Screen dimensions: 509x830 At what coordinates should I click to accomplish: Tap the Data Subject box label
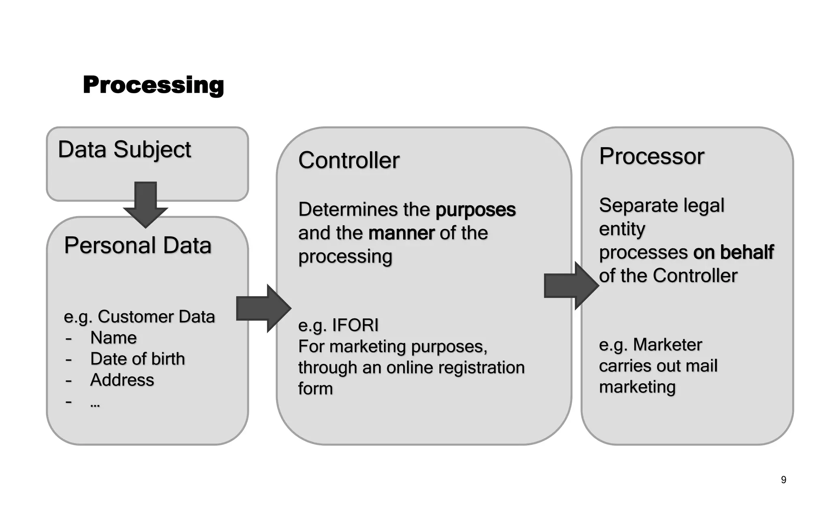[x=124, y=150]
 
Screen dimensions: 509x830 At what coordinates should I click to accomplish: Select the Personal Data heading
[x=138, y=245]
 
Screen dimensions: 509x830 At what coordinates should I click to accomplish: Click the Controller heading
[x=349, y=160]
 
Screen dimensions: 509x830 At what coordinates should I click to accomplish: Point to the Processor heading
[x=652, y=156]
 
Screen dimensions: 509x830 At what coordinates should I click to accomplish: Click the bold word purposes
[x=475, y=210]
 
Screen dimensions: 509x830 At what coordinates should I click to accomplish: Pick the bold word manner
[x=401, y=233]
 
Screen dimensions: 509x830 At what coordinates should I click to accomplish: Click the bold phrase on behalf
[x=733, y=252]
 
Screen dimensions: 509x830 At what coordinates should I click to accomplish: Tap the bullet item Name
[x=113, y=338]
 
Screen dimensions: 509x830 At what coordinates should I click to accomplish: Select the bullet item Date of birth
[x=137, y=359]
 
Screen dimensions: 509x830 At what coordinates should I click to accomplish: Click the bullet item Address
[x=122, y=380]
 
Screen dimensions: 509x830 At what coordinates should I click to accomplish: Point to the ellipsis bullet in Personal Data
[x=95, y=404]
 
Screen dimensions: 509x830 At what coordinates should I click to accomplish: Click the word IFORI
[x=355, y=325]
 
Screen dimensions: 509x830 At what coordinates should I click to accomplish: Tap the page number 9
[x=783, y=480]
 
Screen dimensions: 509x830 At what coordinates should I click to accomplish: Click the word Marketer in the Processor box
[x=667, y=344]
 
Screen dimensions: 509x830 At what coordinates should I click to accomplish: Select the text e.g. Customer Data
[x=139, y=317]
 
